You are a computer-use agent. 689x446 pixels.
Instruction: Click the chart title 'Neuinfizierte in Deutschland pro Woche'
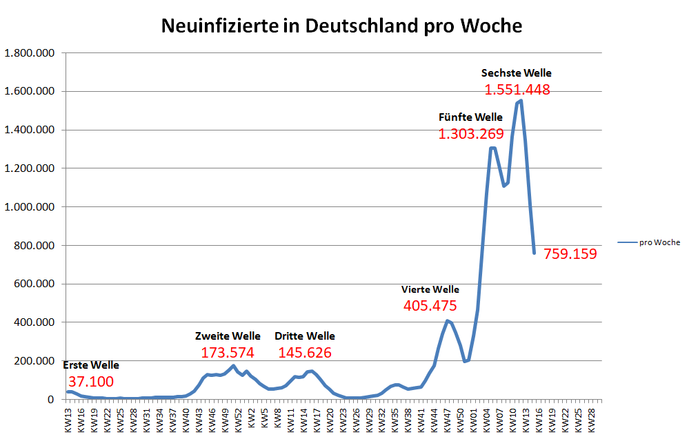pos(341,26)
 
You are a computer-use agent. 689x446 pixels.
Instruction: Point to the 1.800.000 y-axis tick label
pos(29,53)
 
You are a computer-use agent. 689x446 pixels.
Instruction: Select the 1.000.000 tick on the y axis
pos(29,206)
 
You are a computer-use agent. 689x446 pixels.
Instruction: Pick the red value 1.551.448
pos(517,90)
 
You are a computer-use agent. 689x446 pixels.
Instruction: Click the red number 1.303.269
pos(471,134)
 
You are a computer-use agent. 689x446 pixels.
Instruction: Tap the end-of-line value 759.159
pos(570,254)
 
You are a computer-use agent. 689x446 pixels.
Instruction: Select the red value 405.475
pos(430,305)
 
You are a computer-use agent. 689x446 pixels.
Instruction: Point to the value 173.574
pos(228,353)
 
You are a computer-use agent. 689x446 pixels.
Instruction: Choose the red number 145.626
pos(305,353)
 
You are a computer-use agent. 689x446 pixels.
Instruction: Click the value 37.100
pos(91,382)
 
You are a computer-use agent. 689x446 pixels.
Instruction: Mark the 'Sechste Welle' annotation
pos(517,72)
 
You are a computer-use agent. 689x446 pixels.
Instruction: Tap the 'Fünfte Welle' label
pos(471,117)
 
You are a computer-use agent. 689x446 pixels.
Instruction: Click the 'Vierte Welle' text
pos(430,289)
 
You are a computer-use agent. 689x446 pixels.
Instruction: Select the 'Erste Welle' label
pos(91,365)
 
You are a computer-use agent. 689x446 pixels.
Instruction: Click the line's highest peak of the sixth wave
pos(521,101)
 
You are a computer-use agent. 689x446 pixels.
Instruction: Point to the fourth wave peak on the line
pos(448,321)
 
